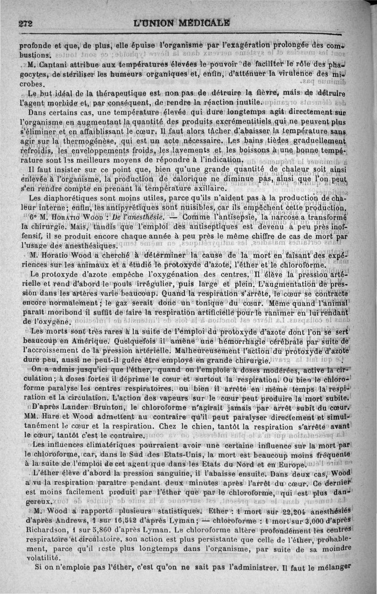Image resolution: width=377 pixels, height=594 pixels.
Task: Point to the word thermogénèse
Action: [71, 140]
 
